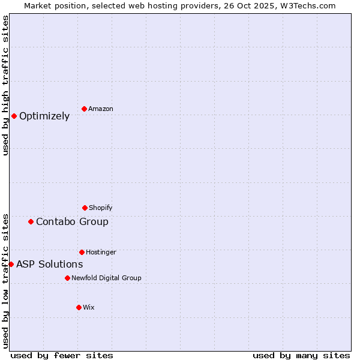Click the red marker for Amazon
tap(84, 109)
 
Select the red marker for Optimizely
tap(14, 116)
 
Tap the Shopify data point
tap(85, 208)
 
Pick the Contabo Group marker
tap(31, 221)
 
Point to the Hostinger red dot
tap(82, 252)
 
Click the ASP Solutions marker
tap(11, 264)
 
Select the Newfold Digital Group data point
tap(67, 278)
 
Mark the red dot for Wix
tap(79, 307)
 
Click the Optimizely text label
tap(44, 116)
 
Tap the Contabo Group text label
tap(72, 222)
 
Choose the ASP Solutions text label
tap(49, 265)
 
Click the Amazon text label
tap(101, 109)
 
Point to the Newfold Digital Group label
tap(106, 278)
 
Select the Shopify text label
tap(101, 208)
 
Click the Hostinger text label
tap(101, 253)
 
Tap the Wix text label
tap(89, 308)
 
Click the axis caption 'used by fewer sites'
tap(62, 355)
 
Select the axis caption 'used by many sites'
tap(301, 355)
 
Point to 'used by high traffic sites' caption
tap(5, 85)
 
